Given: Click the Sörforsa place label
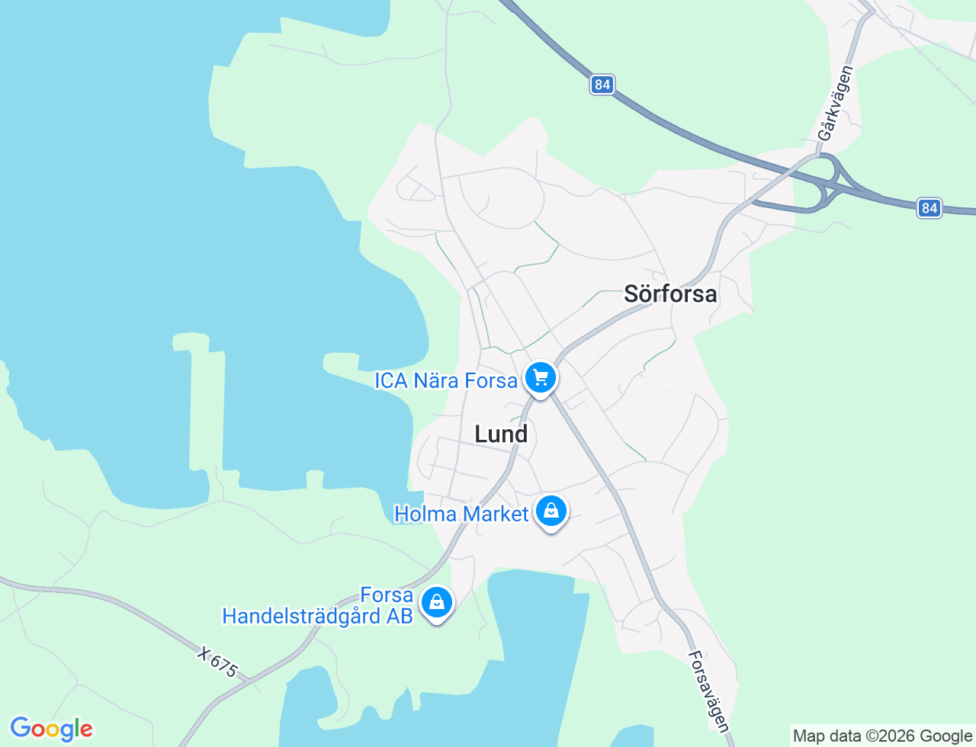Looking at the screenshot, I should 670,293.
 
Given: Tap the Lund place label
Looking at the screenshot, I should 501,434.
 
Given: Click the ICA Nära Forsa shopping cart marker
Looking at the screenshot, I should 541,377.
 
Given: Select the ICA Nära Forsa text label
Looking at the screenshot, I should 446,380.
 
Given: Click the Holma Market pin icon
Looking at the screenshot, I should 551,511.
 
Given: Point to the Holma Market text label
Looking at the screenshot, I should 461,515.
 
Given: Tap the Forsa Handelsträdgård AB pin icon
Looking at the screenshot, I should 437,602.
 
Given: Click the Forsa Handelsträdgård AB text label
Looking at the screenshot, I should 318,605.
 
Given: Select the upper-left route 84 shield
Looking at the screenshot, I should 602,85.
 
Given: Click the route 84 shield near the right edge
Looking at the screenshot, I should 929,208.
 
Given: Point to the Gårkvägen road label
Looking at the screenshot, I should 836,103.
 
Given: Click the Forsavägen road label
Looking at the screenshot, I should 709,691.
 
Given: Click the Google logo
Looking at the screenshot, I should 51,729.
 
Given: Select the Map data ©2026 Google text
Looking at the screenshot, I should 882,736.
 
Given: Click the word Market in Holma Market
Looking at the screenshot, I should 496,515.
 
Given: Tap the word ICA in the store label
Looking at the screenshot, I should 391,380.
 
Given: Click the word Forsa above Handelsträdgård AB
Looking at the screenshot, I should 387,595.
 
